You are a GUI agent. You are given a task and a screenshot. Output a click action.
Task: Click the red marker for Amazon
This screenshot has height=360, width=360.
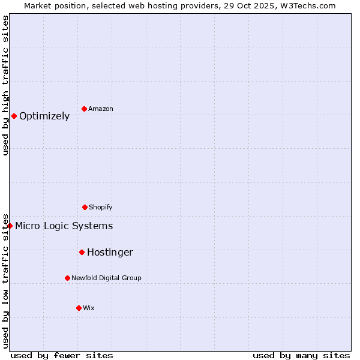(84, 109)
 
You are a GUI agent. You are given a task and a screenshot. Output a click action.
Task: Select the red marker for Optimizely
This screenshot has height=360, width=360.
(14, 116)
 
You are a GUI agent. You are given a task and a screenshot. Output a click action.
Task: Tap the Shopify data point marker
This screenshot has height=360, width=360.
(85, 207)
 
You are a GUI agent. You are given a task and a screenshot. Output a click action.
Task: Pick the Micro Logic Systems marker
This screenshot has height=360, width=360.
(10, 226)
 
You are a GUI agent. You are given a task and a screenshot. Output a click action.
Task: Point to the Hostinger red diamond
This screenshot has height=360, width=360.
(82, 252)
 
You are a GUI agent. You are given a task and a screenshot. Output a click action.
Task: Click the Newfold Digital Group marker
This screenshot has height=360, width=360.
(67, 278)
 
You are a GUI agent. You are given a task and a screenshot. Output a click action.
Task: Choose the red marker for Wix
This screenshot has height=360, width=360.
(79, 308)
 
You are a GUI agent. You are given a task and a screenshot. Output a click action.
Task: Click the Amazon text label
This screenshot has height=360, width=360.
(101, 109)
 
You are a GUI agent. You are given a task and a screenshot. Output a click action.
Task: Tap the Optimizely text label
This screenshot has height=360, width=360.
(44, 116)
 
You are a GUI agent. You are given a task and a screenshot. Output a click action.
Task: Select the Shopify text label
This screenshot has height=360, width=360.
(101, 207)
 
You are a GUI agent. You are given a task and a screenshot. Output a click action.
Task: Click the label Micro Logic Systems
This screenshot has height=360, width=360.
(64, 226)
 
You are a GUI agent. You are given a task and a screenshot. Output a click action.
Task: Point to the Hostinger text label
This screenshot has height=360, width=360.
(110, 253)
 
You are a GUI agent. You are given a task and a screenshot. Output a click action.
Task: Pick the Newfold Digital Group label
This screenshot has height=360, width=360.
(107, 278)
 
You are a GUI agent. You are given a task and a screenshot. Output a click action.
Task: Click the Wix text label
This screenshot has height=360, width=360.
(89, 308)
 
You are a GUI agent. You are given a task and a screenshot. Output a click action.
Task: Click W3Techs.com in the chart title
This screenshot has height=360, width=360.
(306, 5)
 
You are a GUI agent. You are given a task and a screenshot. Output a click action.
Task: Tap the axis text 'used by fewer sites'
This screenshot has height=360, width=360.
(62, 355)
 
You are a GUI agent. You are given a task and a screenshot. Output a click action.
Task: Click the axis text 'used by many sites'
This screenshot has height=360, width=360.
(301, 355)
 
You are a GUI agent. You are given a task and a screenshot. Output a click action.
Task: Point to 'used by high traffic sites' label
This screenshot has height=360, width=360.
(5, 85)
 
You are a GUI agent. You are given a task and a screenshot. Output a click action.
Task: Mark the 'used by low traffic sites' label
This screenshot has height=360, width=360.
(5, 280)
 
